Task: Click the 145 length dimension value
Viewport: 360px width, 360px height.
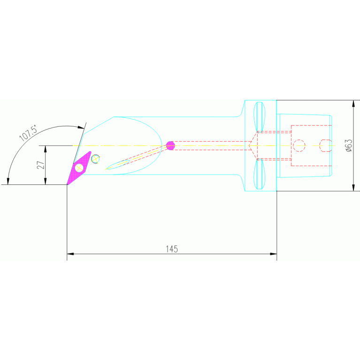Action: click(x=172, y=249)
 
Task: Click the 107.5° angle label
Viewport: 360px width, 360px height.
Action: click(x=28, y=133)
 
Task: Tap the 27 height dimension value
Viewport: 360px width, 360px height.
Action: click(x=41, y=165)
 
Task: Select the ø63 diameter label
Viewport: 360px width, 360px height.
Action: click(x=348, y=146)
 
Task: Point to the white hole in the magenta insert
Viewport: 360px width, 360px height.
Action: click(x=79, y=168)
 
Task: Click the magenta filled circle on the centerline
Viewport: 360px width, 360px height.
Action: click(x=170, y=146)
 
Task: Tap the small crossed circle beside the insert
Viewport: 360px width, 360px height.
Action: click(x=95, y=159)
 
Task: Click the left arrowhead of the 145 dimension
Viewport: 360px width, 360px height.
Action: click(x=70, y=254)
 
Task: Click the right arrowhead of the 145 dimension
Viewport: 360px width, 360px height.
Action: click(x=273, y=254)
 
